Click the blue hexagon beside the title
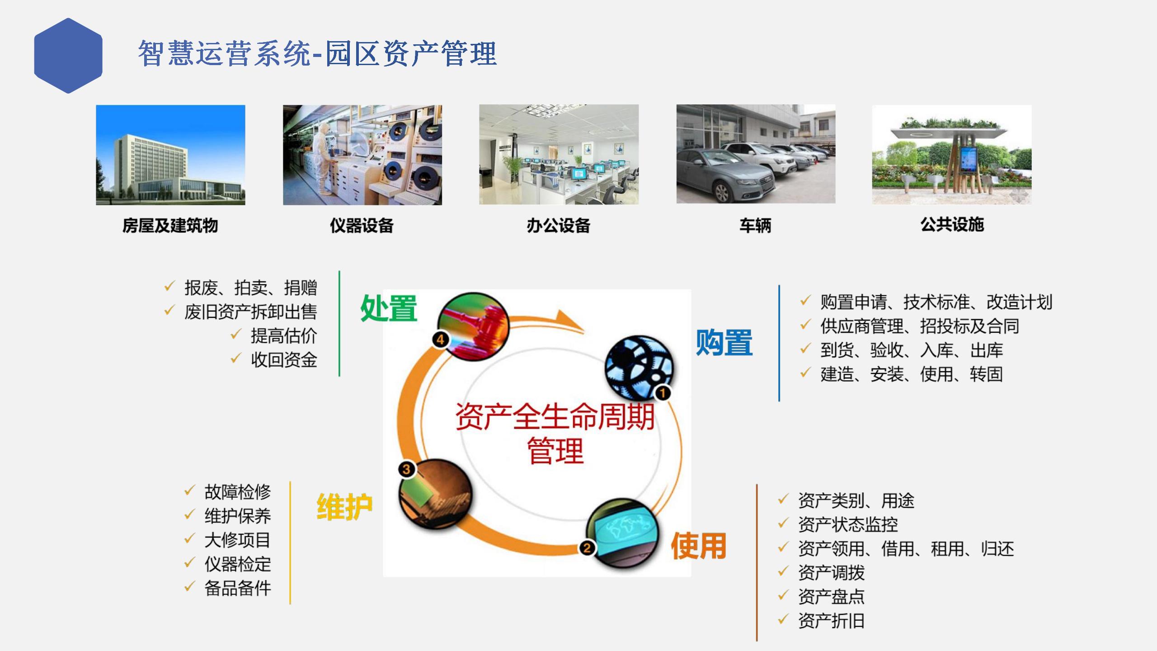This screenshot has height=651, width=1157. click(68, 56)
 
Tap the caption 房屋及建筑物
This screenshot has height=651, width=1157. click(170, 225)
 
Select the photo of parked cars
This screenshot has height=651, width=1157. click(756, 154)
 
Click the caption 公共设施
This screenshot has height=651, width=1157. click(952, 224)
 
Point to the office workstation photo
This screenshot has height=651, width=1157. click(559, 155)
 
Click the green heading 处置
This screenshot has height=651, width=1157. click(389, 308)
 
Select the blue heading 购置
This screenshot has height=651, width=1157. click(724, 342)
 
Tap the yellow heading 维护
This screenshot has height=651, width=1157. click(344, 507)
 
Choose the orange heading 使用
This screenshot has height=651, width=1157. click(699, 546)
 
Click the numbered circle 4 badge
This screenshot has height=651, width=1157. click(441, 340)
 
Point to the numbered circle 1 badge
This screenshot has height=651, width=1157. click(663, 393)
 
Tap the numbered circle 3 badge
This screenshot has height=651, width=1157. click(406, 469)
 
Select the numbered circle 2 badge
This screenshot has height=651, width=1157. click(587, 548)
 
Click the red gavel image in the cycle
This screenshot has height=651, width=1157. click(473, 326)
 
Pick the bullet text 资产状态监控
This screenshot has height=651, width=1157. click(848, 524)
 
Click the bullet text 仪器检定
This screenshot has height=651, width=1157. click(238, 564)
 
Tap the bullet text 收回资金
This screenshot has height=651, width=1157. click(284, 359)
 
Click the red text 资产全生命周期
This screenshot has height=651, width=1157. click(555, 416)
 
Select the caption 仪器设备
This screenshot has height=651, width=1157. click(362, 225)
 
